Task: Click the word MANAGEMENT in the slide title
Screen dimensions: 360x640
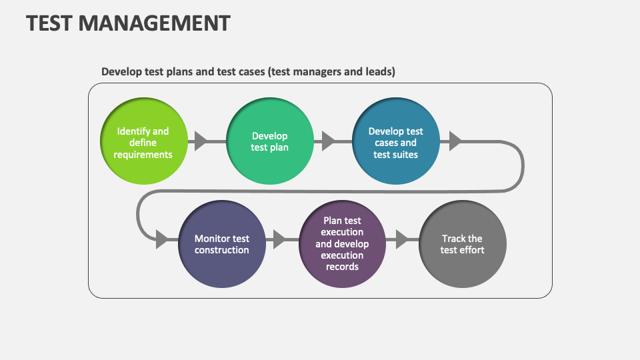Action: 154,23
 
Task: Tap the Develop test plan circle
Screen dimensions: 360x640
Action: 269,142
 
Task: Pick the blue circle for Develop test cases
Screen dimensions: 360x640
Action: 395,142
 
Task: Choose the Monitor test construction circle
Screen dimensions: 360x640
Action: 222,244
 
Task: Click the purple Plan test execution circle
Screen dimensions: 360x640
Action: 342,244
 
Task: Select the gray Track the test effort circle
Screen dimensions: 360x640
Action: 462,244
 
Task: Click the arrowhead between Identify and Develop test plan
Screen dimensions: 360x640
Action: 201,141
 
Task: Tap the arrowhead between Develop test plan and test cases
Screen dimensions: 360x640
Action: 327,141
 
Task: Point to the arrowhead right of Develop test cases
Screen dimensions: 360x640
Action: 455,141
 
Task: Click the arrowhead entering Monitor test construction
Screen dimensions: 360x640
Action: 162,239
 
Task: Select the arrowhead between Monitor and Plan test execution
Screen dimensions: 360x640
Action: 279,239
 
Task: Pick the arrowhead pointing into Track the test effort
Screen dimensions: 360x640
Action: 401,239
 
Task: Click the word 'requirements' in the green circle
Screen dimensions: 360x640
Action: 143,155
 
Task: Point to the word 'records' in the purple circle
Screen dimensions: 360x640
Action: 342,267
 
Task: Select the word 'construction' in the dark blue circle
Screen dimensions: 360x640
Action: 222,250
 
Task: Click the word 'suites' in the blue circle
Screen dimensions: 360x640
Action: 405,155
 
